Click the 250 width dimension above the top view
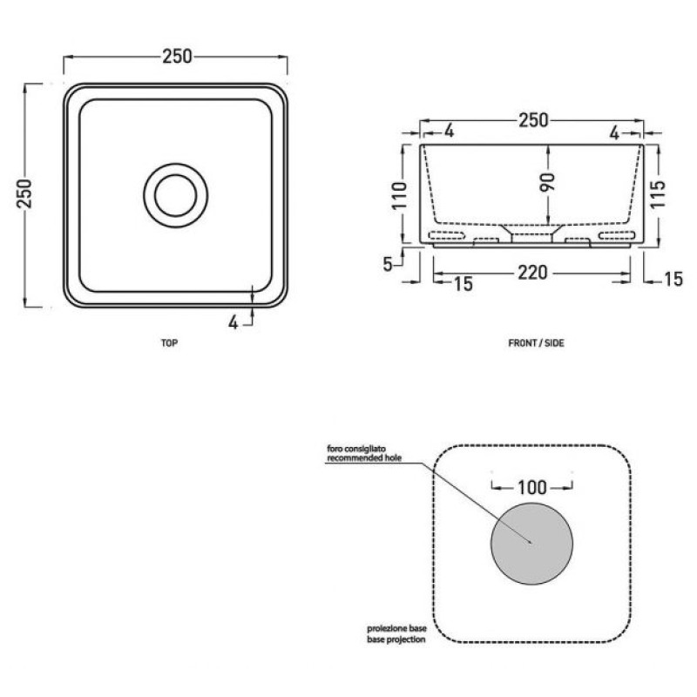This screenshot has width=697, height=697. coord(177,57)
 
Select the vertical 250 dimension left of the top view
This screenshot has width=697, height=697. coord(24,194)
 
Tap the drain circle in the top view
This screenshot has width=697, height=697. coord(176,195)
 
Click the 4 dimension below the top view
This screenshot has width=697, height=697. coord(233,322)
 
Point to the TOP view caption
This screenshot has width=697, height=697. coord(169,342)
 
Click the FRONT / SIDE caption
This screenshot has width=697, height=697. coord(536,342)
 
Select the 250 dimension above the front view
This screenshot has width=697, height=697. coord(533,120)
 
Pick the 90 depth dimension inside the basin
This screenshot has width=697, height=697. coord(547,182)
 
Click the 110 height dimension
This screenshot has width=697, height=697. coord(399,195)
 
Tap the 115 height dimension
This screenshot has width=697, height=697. coord(658,193)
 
